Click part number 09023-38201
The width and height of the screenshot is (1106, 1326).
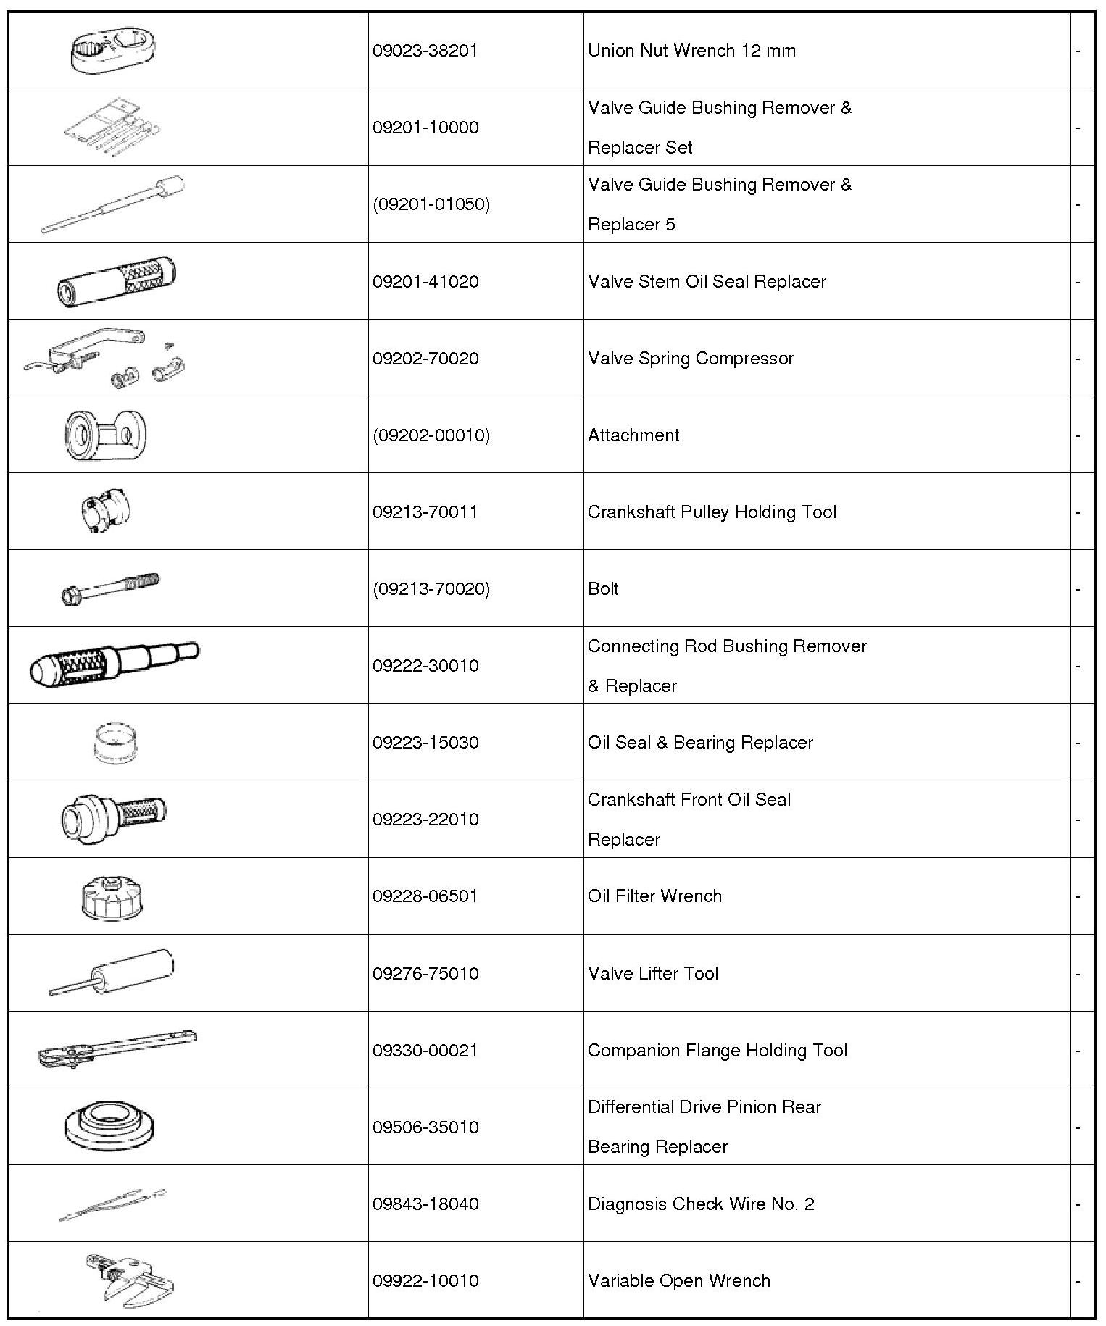425,51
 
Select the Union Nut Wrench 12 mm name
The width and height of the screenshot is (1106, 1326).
691,51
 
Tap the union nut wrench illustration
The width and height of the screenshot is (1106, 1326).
115,51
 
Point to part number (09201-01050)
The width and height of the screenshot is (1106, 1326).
431,204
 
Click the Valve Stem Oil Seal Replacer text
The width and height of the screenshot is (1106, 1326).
707,282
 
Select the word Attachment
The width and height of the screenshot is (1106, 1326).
633,435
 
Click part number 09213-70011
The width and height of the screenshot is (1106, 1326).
425,512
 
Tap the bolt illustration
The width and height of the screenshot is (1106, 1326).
110,588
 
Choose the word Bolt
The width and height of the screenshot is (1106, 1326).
603,589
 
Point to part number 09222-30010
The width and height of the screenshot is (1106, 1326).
425,666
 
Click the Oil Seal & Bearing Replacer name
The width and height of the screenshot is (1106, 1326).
700,743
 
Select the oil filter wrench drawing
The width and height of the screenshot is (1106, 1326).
112,897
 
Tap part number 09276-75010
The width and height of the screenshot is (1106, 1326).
425,974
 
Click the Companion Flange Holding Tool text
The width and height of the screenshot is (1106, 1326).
717,1051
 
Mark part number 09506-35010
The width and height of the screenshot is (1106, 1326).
425,1127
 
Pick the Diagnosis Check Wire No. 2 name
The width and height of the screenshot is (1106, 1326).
701,1204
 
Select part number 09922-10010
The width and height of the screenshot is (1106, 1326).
425,1281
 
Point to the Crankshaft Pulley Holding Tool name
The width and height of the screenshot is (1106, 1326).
712,512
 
